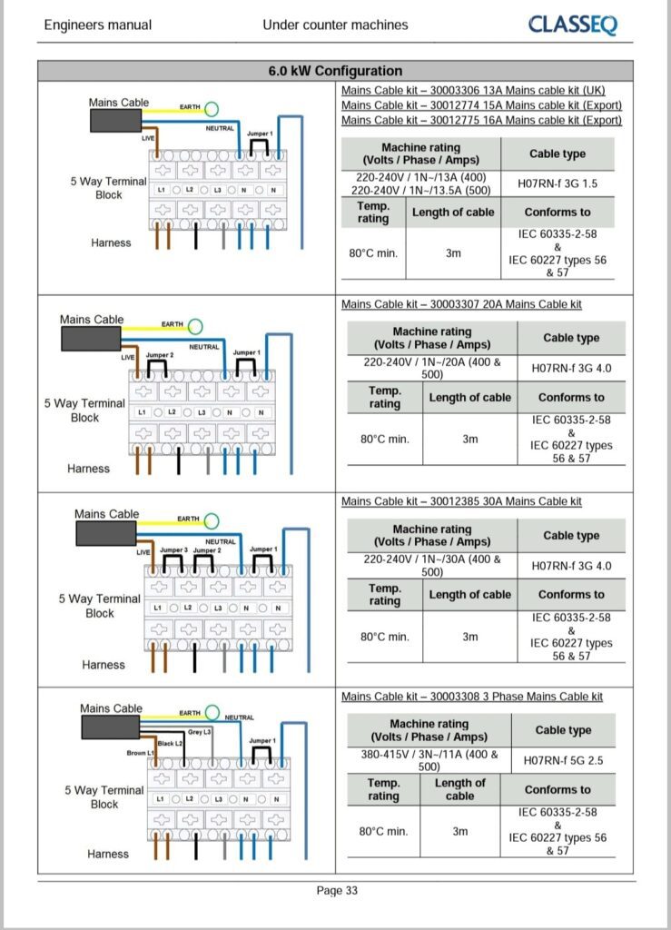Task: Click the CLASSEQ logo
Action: tap(572, 25)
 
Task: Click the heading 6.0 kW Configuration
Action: tap(335, 71)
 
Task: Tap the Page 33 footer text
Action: tap(336, 891)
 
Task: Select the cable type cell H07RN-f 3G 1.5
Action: tap(558, 183)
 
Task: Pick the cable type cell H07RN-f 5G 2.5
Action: tap(563, 760)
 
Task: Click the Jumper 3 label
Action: tap(173, 550)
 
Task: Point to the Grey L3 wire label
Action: tap(200, 732)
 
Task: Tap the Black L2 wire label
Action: tap(171, 743)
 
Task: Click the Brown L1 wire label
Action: tap(141, 754)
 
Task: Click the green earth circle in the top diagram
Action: tap(212, 109)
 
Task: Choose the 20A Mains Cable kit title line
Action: tap(461, 304)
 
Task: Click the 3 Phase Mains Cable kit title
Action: tap(471, 697)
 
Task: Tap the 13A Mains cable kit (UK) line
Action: tap(473, 91)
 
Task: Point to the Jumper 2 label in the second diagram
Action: tap(160, 355)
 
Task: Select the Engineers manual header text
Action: tap(98, 25)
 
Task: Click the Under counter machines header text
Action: tap(335, 25)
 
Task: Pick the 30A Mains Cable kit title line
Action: tap(461, 501)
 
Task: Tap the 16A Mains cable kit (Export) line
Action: tap(481, 120)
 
